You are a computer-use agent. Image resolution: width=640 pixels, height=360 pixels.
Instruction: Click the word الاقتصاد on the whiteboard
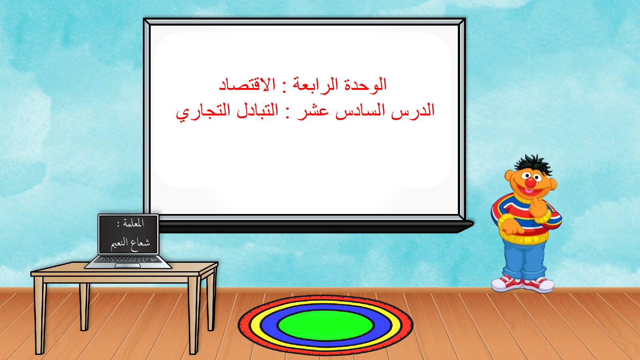click(x=247, y=84)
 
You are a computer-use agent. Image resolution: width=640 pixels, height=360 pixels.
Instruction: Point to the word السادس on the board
click(x=360, y=110)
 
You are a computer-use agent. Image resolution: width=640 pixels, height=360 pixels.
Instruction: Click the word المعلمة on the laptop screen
click(x=134, y=223)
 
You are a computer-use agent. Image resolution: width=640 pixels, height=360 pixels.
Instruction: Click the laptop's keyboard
click(x=128, y=260)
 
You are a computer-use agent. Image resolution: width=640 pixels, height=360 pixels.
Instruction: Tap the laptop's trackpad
click(x=128, y=266)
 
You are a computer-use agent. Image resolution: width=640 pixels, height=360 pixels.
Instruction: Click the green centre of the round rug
click(x=326, y=325)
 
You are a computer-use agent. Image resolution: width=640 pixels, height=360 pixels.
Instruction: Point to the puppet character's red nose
click(x=530, y=182)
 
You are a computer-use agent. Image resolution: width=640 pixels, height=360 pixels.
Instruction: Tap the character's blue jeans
click(x=524, y=260)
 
